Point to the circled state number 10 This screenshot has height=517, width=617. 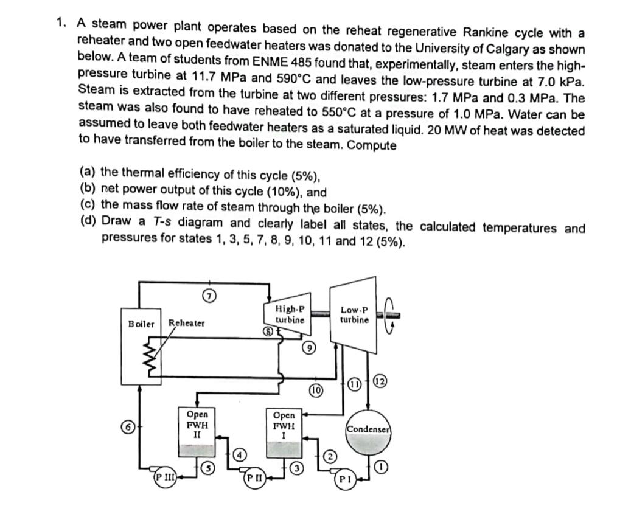(316, 389)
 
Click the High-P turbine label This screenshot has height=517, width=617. (290, 314)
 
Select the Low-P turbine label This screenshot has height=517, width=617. (354, 314)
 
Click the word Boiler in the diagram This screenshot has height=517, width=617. (141, 323)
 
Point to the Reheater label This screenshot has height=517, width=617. (187, 323)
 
